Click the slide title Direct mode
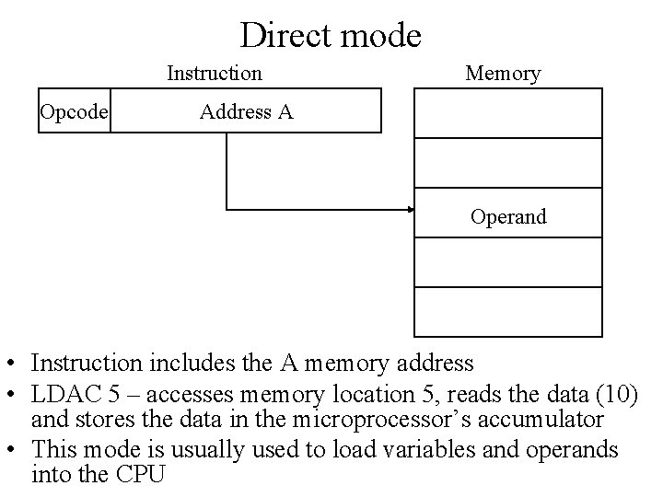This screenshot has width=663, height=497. pos(331,35)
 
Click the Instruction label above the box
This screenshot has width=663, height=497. pos(215,73)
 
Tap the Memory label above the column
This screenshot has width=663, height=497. pos(503,73)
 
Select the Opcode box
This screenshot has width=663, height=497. pos(74,111)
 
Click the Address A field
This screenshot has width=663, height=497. pos(246,111)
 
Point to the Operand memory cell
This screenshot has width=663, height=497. pos(508,216)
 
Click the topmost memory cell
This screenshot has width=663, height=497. pos(508,113)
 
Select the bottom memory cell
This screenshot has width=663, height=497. pos(508,312)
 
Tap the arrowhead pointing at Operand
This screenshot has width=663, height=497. pos(411,210)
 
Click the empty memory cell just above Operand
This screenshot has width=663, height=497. pos(508,163)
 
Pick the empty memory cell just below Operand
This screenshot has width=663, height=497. pos(508,262)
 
